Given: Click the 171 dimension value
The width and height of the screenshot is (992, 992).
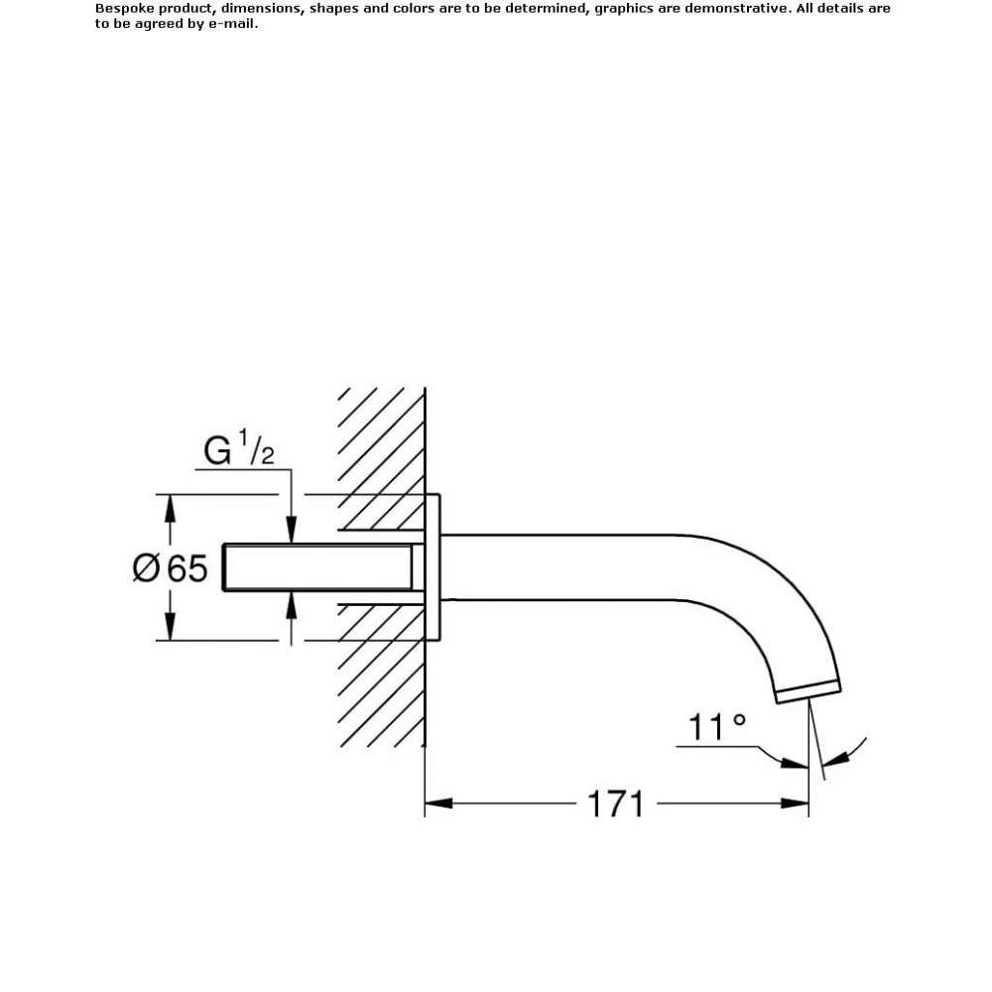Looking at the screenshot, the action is point(615,804).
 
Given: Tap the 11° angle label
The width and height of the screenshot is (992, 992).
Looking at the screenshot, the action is point(717,727).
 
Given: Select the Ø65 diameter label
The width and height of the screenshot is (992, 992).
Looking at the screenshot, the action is point(170,567).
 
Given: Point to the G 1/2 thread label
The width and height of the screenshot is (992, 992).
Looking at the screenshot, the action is point(239,448).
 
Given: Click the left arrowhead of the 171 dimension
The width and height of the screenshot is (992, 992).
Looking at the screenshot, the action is point(438,804).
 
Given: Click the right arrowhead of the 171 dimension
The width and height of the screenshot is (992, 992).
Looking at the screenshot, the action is point(795,804).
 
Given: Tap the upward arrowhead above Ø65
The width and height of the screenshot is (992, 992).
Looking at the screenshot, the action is point(170,509).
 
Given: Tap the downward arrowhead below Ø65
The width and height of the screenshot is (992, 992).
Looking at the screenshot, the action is point(170,626).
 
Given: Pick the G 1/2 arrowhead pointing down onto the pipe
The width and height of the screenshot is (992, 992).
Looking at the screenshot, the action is point(291,530).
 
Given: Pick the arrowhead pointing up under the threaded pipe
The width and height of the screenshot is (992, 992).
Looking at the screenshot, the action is point(291,605).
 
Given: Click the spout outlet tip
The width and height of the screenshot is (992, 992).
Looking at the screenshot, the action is point(809,692).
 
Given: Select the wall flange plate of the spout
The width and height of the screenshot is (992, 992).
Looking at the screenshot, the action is point(433,567).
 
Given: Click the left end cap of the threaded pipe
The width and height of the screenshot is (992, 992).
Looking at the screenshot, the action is point(224,567).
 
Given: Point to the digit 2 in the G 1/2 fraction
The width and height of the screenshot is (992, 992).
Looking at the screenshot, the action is point(268,456).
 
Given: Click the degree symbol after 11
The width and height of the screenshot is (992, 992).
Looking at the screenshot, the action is point(739,720).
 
